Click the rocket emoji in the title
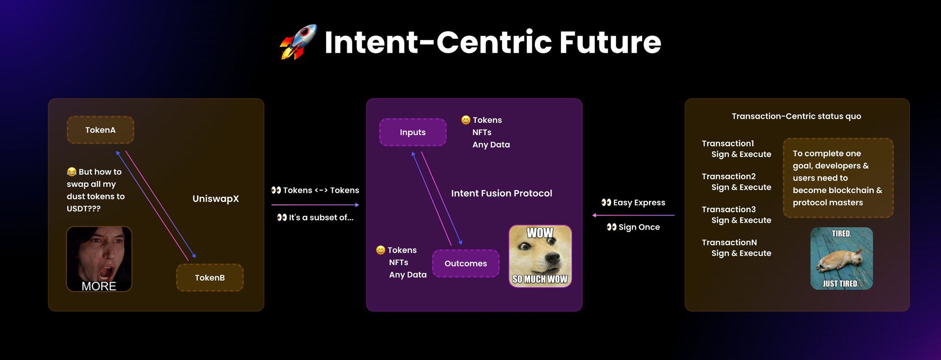click(x=298, y=42)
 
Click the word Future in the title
click(x=610, y=42)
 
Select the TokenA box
click(x=100, y=130)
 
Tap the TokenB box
click(x=210, y=278)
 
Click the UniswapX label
click(x=215, y=199)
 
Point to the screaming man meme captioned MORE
click(x=99, y=259)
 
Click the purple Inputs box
click(x=413, y=132)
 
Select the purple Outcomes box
click(x=466, y=264)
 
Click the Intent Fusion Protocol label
click(x=502, y=193)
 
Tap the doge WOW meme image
click(x=540, y=256)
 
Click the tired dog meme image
click(x=842, y=258)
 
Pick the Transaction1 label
click(x=728, y=144)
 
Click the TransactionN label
click(x=729, y=242)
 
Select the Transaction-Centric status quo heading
click(x=797, y=116)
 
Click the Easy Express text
click(x=639, y=202)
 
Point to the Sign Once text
click(x=639, y=227)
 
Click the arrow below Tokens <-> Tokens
click(x=315, y=205)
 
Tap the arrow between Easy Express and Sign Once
click(x=633, y=215)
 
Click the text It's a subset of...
click(x=321, y=217)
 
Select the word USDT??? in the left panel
click(x=84, y=208)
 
